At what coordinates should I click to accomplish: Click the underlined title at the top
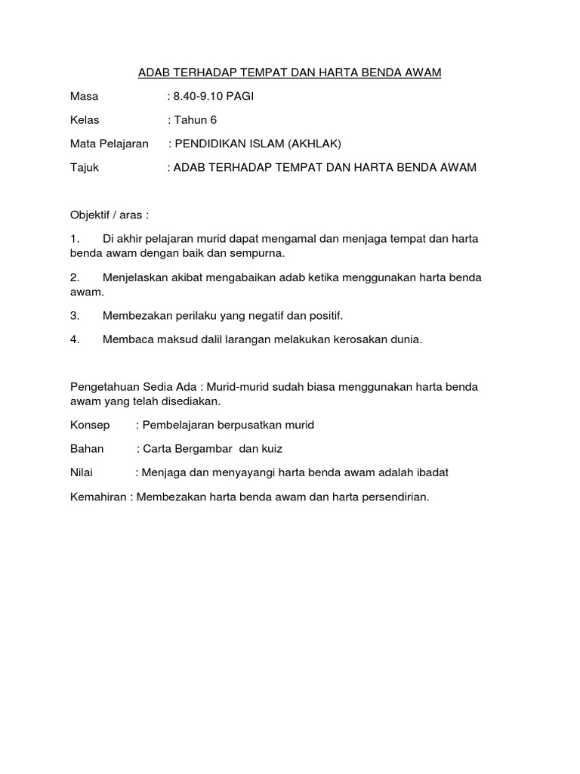(x=289, y=73)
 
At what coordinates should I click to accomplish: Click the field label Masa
(x=84, y=96)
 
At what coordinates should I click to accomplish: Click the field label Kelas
(x=85, y=119)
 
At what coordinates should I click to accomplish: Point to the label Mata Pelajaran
(x=109, y=144)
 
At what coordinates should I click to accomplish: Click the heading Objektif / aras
(x=110, y=215)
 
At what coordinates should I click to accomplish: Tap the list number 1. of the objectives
(x=75, y=239)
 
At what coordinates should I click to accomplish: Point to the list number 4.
(x=75, y=339)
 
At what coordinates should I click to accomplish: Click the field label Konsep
(x=88, y=425)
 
